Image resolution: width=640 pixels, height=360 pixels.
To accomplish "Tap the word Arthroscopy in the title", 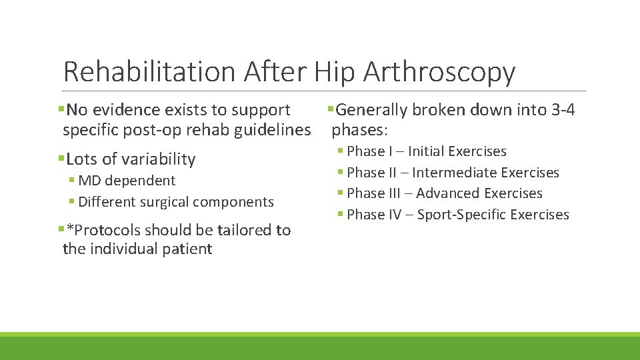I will [x=439, y=72].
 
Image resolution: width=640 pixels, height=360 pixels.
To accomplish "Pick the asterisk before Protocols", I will [x=70, y=229].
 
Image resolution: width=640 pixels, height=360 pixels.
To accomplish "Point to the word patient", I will [x=186, y=249].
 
